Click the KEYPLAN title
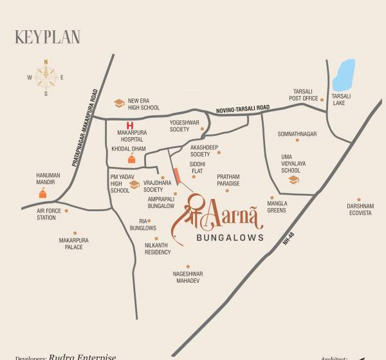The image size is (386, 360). [x=48, y=37]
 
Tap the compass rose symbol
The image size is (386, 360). [x=46, y=77]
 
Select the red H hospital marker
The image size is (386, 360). [x=130, y=125]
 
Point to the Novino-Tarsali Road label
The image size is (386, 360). [x=243, y=110]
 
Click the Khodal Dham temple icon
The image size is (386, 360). [x=131, y=158]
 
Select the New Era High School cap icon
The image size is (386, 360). [x=118, y=103]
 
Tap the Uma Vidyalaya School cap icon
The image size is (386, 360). [x=293, y=180]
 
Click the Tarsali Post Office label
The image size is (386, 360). [x=304, y=95]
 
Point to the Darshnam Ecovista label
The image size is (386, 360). [x=360, y=209]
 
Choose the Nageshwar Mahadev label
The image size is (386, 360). [x=187, y=277]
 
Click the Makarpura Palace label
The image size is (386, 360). [x=74, y=243]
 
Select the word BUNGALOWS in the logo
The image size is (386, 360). [x=229, y=237]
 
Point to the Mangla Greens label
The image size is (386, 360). [x=277, y=207]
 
